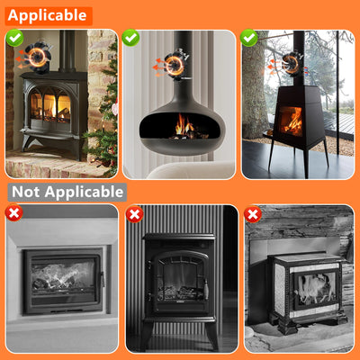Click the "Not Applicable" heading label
point(67,192)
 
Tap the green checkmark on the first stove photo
point(14,38)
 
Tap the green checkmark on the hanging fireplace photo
point(131,38)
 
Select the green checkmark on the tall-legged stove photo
point(250,38)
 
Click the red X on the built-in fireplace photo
point(14,213)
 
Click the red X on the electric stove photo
point(134,213)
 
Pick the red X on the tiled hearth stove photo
point(253,213)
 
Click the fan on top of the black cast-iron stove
point(37,58)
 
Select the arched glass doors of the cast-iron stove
point(50,108)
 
